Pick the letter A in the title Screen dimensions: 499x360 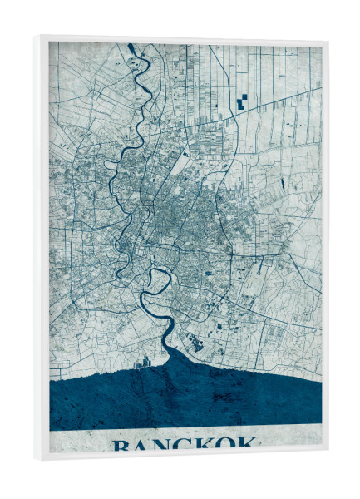click(x=141, y=446)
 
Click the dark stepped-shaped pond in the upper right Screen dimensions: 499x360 click(x=242, y=102)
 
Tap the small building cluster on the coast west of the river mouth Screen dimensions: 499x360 click(x=142, y=362)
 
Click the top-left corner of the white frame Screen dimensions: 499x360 click(x=36, y=37)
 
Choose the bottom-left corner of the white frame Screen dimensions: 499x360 click(x=36, y=459)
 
